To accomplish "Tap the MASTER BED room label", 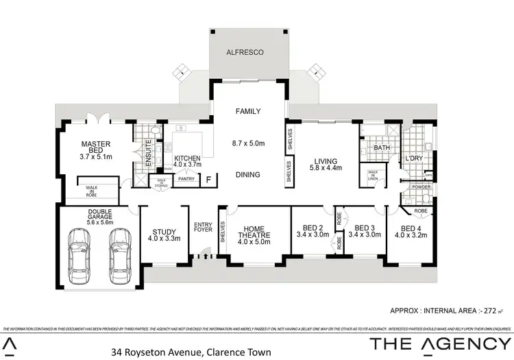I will (96, 149).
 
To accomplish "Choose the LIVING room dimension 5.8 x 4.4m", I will (325, 167).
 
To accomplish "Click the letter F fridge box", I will (209, 179).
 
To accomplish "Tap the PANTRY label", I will (186, 179).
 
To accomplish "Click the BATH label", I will (381, 147).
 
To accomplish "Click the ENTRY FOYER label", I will (204, 227).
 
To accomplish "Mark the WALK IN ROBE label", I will (91, 191).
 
